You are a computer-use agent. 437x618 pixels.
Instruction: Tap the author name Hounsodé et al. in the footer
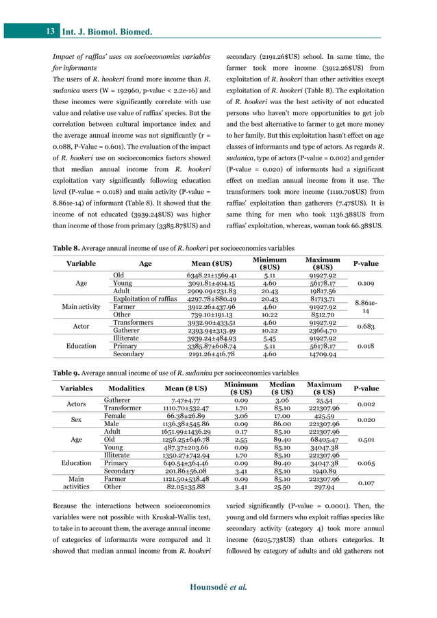218,587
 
